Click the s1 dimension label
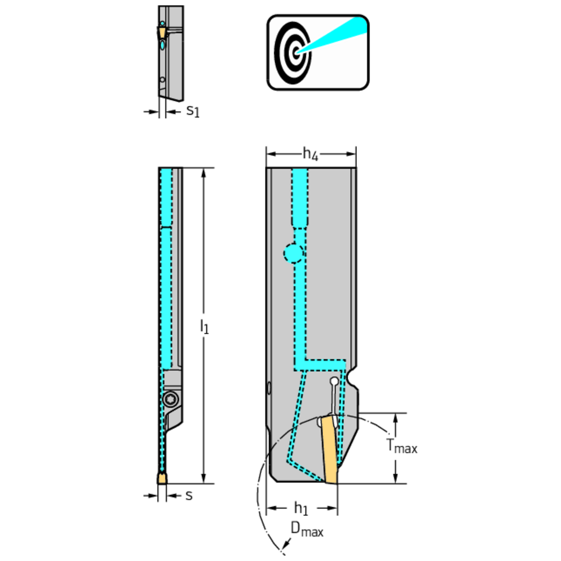[192, 112]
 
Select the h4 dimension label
[310, 155]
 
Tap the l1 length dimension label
[204, 326]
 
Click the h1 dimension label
[301, 508]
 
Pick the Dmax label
[307, 530]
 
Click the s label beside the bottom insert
[189, 495]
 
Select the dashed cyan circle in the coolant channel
[293, 252]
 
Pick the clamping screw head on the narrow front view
[171, 399]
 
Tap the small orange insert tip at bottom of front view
[162, 478]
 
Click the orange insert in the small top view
[161, 33]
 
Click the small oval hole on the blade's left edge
[268, 387]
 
